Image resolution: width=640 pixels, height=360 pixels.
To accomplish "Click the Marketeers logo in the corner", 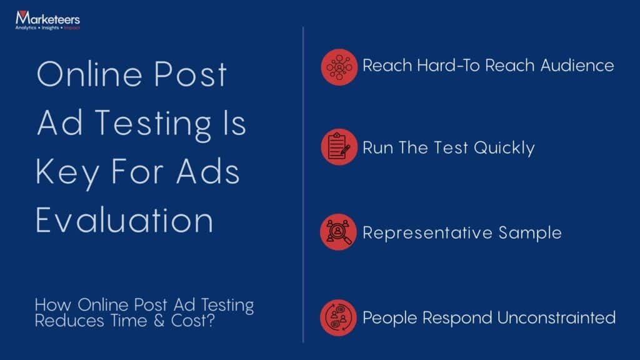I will (47, 21).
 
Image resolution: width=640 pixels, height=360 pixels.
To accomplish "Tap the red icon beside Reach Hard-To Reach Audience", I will (339, 66).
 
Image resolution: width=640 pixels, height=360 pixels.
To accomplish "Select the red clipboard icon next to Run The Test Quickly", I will (339, 148).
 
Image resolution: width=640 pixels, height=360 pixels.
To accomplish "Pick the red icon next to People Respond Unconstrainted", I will (339, 317).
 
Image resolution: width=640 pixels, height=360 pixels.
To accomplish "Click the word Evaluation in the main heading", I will (124, 221).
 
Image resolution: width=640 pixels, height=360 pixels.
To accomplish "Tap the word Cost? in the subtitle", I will (212, 322).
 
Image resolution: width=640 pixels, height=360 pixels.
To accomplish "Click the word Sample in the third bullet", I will (530, 233).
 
